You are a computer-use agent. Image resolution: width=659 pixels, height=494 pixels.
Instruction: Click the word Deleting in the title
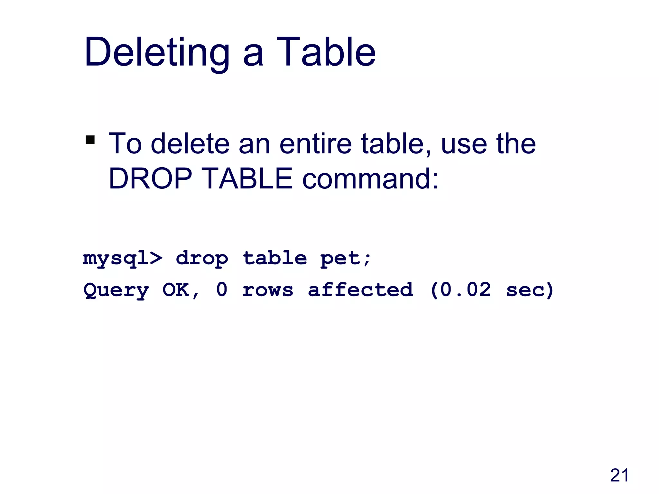point(157,52)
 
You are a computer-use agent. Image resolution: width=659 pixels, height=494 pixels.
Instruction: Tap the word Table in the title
point(326,52)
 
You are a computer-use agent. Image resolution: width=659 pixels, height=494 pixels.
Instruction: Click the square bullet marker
point(90,140)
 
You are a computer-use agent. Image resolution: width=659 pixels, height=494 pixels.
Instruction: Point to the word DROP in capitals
point(151,178)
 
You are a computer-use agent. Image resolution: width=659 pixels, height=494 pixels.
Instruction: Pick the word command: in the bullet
point(370,178)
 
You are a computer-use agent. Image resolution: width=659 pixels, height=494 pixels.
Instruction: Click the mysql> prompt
point(123,259)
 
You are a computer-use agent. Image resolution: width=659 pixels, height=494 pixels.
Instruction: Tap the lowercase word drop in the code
point(202,259)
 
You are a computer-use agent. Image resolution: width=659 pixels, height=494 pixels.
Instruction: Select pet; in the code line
point(346,259)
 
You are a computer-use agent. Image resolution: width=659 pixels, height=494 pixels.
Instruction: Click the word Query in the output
point(116,290)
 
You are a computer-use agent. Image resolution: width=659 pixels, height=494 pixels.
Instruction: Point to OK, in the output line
point(181,290)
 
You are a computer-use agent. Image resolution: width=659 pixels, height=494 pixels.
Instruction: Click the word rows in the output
point(268,290)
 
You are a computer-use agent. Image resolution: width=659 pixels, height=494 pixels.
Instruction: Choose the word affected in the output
point(360,290)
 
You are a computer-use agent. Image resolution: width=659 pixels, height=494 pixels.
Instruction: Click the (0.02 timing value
point(460,290)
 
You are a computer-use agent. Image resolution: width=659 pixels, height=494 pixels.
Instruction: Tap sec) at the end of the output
point(530,290)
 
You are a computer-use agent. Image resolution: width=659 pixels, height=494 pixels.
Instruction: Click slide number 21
point(619,475)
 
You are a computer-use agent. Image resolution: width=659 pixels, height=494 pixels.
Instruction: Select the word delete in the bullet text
point(190,144)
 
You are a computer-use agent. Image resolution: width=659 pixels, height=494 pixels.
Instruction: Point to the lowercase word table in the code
point(275,259)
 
